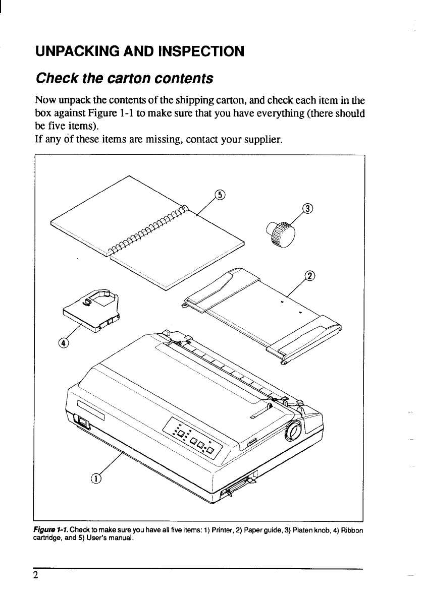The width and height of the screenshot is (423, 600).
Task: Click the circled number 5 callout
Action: (x=220, y=195)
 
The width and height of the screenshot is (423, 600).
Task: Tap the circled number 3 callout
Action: (x=307, y=209)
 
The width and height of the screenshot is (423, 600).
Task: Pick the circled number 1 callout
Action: (x=96, y=478)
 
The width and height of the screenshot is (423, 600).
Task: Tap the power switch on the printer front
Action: (x=81, y=421)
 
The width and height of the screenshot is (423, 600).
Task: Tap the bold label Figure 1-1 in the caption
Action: (x=49, y=529)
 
